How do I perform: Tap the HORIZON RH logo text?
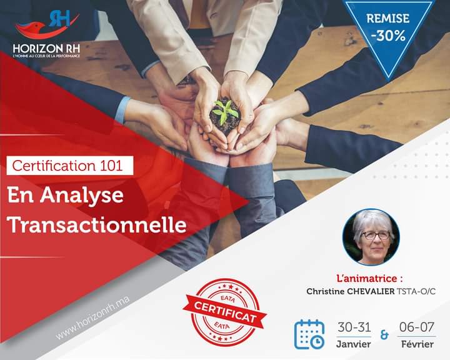(x=46, y=48)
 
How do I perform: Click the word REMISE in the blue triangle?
(x=387, y=18)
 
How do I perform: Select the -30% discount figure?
(x=388, y=36)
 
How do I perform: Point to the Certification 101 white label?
(x=70, y=166)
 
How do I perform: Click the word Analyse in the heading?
(x=81, y=196)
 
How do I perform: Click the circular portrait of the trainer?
(x=371, y=237)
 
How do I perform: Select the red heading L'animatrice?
(x=369, y=278)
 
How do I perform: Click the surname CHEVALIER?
(x=371, y=291)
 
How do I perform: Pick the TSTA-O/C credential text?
(x=416, y=291)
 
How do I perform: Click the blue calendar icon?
(x=309, y=334)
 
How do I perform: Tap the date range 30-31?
(x=354, y=327)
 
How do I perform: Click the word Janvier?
(x=354, y=344)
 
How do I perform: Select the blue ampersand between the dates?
(x=384, y=335)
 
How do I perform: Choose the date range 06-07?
(x=417, y=327)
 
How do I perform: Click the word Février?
(x=417, y=344)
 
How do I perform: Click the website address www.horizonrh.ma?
(x=92, y=317)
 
